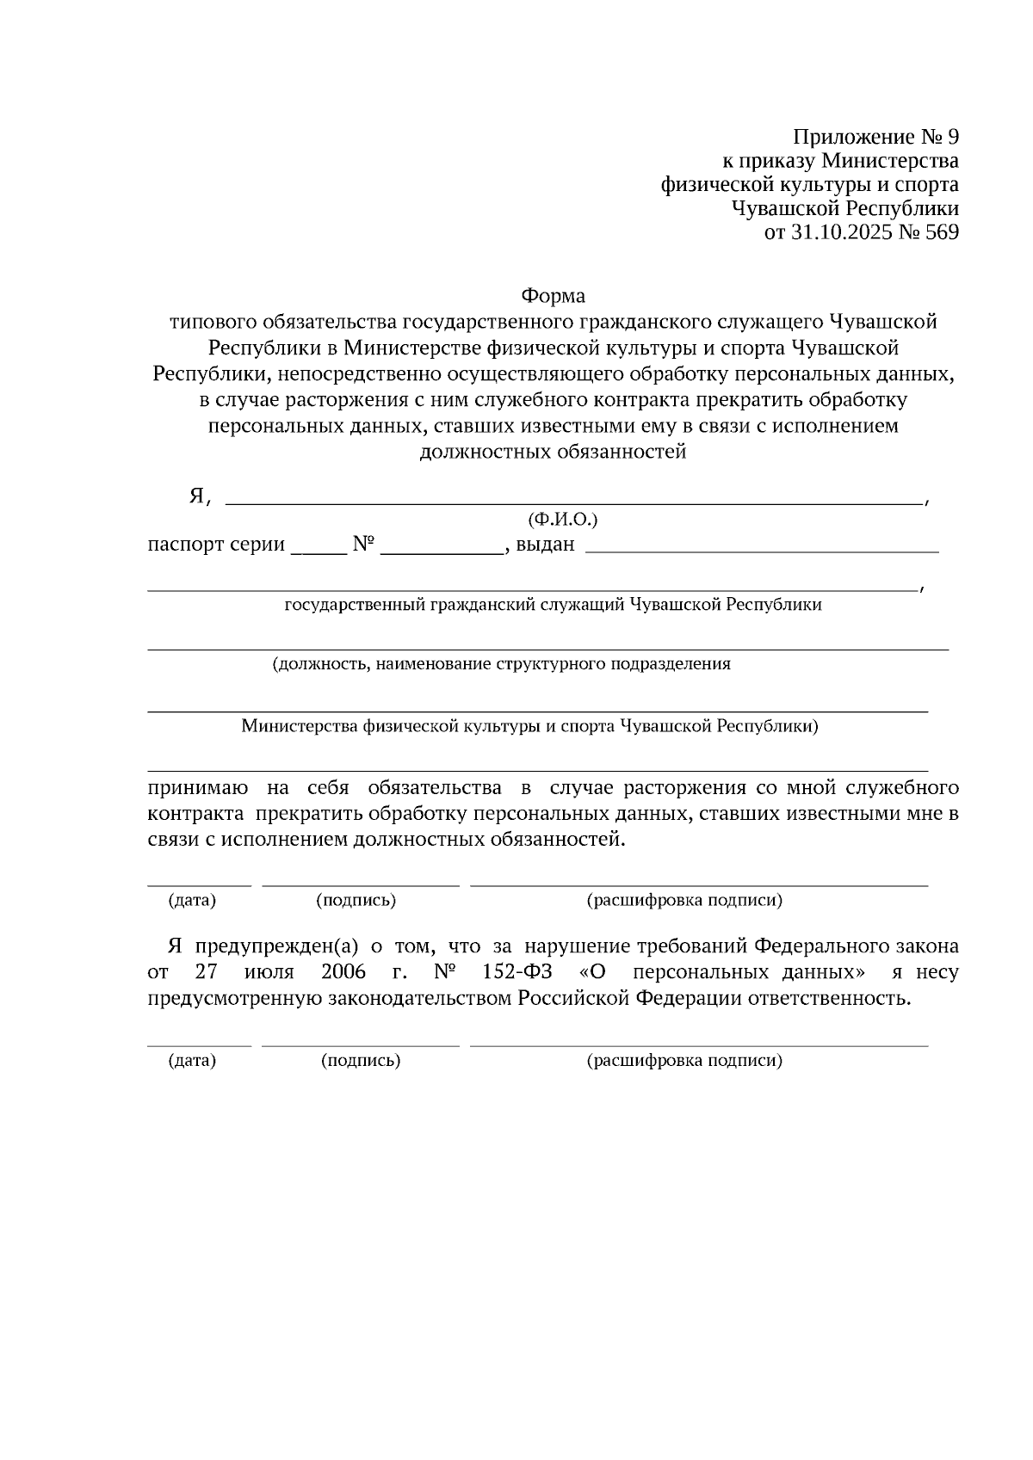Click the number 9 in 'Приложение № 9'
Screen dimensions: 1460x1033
tap(951, 138)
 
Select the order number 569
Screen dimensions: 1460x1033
tap(940, 232)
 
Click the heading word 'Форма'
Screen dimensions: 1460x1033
tap(553, 296)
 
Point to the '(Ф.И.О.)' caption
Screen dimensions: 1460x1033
tap(562, 520)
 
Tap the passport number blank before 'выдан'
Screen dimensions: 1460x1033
tap(442, 551)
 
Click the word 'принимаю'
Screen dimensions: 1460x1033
tap(198, 788)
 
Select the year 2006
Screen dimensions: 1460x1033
tap(343, 973)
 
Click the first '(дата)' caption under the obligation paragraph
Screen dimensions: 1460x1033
tap(192, 901)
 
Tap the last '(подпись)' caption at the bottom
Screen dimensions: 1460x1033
tap(361, 1061)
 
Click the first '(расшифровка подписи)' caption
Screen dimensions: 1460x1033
tap(684, 901)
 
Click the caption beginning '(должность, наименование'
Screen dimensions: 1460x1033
tap(501, 664)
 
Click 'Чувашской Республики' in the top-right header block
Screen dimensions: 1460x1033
tap(844, 209)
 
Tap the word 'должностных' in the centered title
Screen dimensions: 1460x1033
tap(484, 452)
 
